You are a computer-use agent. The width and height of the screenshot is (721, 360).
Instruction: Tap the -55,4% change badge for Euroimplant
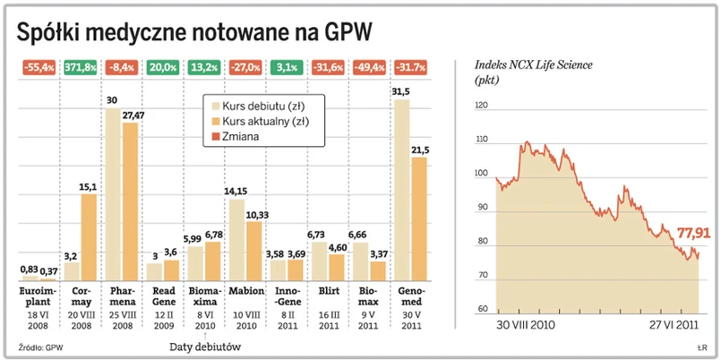(37, 66)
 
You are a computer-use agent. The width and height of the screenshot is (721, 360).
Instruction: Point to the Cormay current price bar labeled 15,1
(89, 236)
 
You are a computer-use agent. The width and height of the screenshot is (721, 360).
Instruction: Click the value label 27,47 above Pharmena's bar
(132, 116)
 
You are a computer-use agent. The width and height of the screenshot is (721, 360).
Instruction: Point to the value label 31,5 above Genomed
(401, 91)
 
